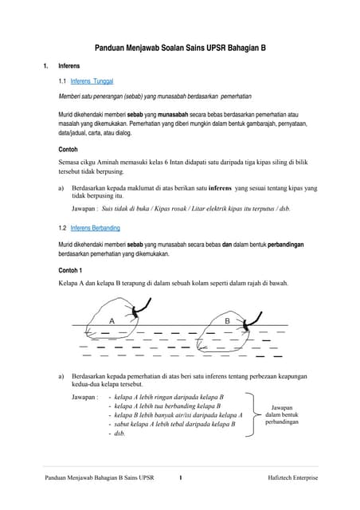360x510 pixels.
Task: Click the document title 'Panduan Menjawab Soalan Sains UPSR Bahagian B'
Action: [180, 48]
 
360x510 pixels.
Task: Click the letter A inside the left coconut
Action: [112, 320]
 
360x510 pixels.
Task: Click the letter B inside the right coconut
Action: [227, 320]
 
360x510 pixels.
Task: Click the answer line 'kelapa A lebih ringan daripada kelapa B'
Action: [169, 396]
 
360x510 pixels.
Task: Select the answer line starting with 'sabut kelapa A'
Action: [174, 425]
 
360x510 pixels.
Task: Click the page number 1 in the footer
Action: [181, 477]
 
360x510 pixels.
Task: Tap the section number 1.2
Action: [64, 228]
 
